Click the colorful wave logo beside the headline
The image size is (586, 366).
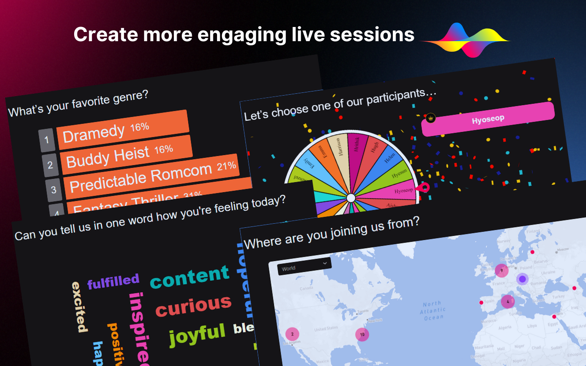point(465,40)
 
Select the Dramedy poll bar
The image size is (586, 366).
point(123,130)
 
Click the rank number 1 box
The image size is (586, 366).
point(47,140)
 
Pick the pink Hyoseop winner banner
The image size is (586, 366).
point(488,119)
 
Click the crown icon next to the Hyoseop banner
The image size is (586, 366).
point(430,118)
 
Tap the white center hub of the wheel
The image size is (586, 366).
point(351,198)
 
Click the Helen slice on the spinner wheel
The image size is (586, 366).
point(390,159)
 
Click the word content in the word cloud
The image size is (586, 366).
point(189,276)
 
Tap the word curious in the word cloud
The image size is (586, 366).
point(193,306)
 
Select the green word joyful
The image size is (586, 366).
point(197,334)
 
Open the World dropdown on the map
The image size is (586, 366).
point(304,265)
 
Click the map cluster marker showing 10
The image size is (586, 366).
point(362,334)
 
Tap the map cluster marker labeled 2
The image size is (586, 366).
point(292,334)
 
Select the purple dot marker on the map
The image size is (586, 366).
point(522,279)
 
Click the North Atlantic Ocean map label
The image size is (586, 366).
point(433,310)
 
